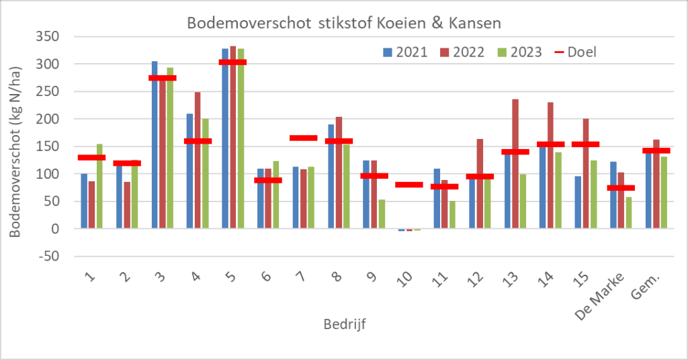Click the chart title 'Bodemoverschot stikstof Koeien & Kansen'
click(x=344, y=24)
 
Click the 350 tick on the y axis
click(x=48, y=37)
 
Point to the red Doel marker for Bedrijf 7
click(x=303, y=138)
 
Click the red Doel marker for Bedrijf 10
click(x=409, y=184)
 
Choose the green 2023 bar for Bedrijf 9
click(x=382, y=214)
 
